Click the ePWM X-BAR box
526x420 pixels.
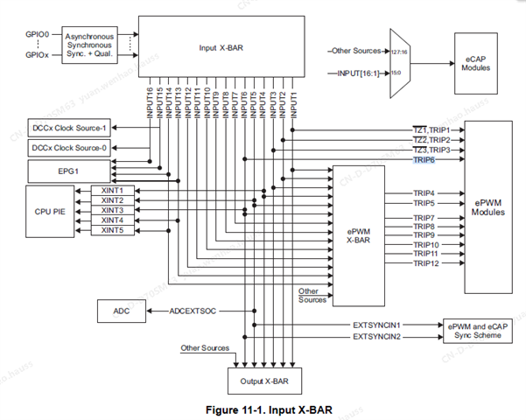(x=359, y=232)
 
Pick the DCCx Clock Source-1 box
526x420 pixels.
(x=69, y=127)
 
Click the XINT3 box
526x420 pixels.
(x=112, y=210)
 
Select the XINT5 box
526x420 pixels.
(x=112, y=230)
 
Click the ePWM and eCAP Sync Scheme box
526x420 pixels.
(x=477, y=329)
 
